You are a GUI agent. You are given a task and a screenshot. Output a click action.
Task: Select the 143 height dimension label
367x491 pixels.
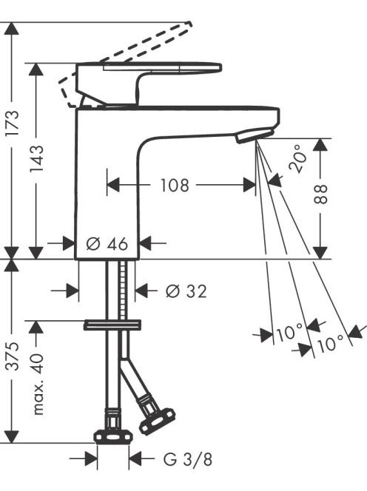(x=37, y=158)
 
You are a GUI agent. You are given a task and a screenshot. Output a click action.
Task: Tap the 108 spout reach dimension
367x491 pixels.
(x=175, y=185)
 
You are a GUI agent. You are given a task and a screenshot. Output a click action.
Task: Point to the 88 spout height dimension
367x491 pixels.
(x=320, y=194)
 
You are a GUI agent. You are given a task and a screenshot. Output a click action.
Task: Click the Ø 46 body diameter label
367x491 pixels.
(x=107, y=243)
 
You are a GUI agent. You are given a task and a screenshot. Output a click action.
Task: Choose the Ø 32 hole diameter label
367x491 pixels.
(x=186, y=291)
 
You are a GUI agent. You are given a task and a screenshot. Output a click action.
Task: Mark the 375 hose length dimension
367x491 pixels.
(x=13, y=356)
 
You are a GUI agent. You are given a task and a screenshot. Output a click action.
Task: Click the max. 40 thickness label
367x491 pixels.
(x=37, y=384)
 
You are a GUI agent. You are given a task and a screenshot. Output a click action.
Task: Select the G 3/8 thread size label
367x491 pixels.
(x=187, y=459)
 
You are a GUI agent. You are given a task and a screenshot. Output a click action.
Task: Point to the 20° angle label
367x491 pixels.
(x=297, y=158)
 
